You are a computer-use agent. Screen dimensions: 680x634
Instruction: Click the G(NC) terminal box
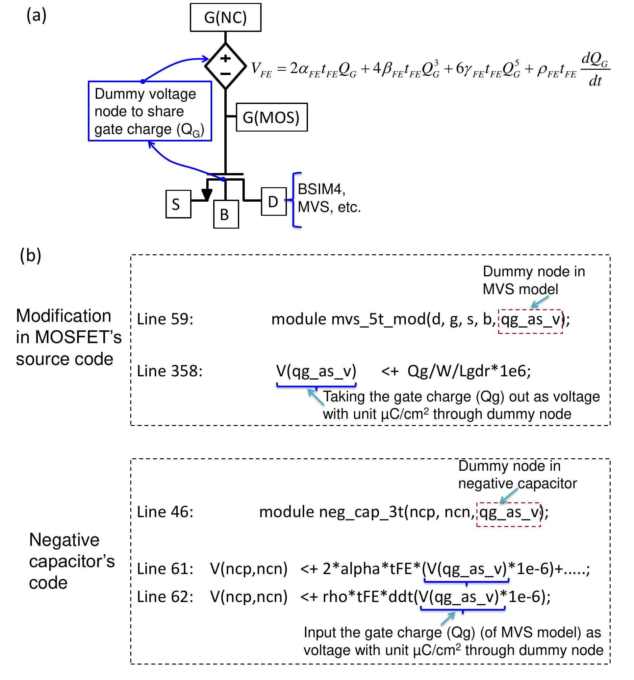pos(225,17)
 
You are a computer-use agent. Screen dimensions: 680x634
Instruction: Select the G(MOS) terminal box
pos(271,117)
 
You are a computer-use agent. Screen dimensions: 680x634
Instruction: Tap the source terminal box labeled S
pos(178,204)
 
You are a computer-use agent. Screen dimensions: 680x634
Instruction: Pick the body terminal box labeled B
pos(226,214)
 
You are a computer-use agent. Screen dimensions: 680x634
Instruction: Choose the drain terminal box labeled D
pos(274,201)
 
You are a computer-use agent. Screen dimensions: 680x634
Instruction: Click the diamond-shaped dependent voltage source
pos(225,66)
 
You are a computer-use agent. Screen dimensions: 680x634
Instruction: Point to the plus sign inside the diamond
pos(225,58)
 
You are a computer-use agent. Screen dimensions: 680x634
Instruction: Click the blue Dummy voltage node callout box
pos(150,111)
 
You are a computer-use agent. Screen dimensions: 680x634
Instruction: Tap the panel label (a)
pos(36,15)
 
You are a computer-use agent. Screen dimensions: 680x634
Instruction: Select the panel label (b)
pos(31,255)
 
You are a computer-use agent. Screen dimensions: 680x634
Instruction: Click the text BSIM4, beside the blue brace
pos(321,189)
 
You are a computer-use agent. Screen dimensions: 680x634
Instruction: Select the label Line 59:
pos(165,319)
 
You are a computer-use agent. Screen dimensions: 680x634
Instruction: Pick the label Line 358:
pos(170,371)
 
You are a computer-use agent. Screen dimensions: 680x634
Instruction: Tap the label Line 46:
pos(165,512)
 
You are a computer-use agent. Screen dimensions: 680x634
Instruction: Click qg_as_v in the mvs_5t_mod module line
pos(530,319)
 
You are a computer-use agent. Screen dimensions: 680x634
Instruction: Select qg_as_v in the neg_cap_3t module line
pos(508,512)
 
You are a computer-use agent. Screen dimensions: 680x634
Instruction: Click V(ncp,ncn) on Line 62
pos(249,596)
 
